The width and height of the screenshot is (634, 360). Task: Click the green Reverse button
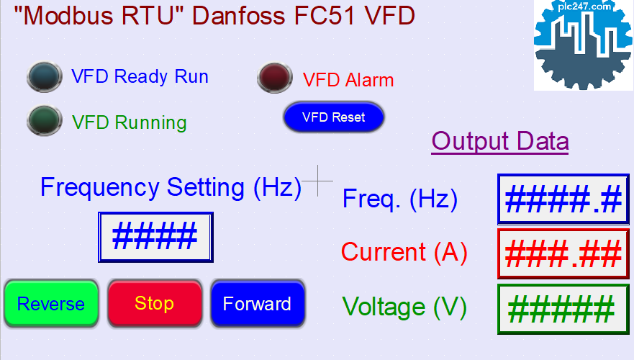(x=51, y=303)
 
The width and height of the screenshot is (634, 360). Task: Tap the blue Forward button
(x=258, y=303)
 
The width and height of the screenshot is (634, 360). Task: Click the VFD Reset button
(x=334, y=117)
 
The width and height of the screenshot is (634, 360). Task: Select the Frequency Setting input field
(x=155, y=237)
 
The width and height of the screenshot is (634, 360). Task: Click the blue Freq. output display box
(x=563, y=199)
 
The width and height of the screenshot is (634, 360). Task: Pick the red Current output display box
(x=563, y=254)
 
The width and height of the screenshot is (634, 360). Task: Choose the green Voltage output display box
(x=563, y=310)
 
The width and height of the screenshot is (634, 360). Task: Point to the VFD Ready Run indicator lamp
(x=45, y=76)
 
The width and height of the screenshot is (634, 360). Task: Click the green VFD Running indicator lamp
(x=45, y=120)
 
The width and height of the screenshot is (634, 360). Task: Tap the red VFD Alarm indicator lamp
(x=275, y=77)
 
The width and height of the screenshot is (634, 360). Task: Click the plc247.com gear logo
(x=584, y=45)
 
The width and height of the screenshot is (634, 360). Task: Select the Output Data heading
(x=500, y=141)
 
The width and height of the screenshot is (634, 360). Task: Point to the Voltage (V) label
(x=404, y=307)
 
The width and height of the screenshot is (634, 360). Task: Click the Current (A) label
(x=404, y=252)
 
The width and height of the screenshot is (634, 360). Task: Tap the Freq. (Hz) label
(x=400, y=199)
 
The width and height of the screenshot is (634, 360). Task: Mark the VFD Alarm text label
(x=348, y=80)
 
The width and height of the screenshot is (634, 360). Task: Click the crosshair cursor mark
(x=318, y=181)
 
